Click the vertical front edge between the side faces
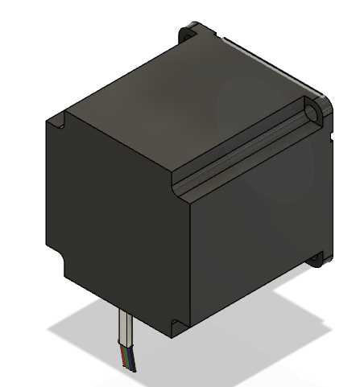(182, 257)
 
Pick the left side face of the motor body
(113, 217)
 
